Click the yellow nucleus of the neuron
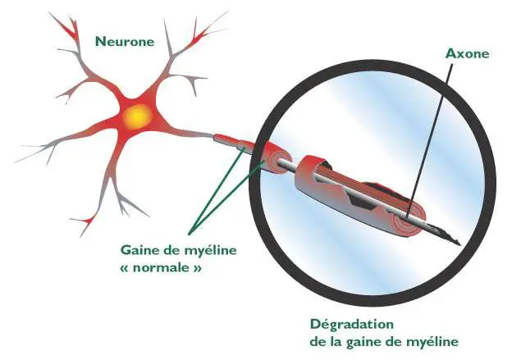[x=136, y=118]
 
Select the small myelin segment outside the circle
[x=227, y=142]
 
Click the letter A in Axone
[x=450, y=53]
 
